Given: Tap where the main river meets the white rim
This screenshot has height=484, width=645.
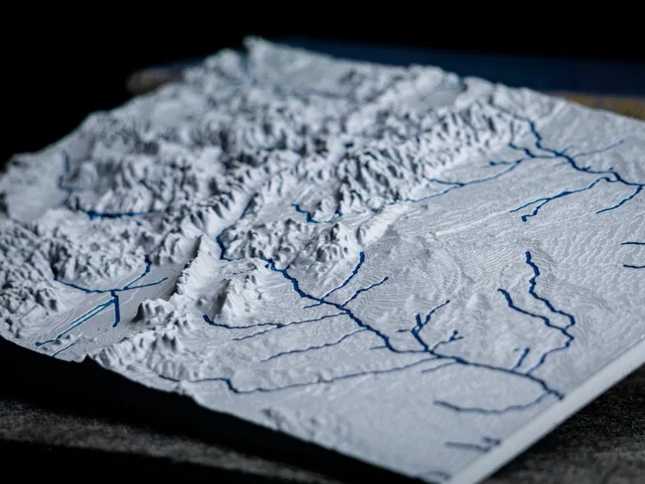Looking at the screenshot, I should coord(559,395).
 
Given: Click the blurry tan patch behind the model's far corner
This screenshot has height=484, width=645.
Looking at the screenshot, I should coord(612,105).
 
